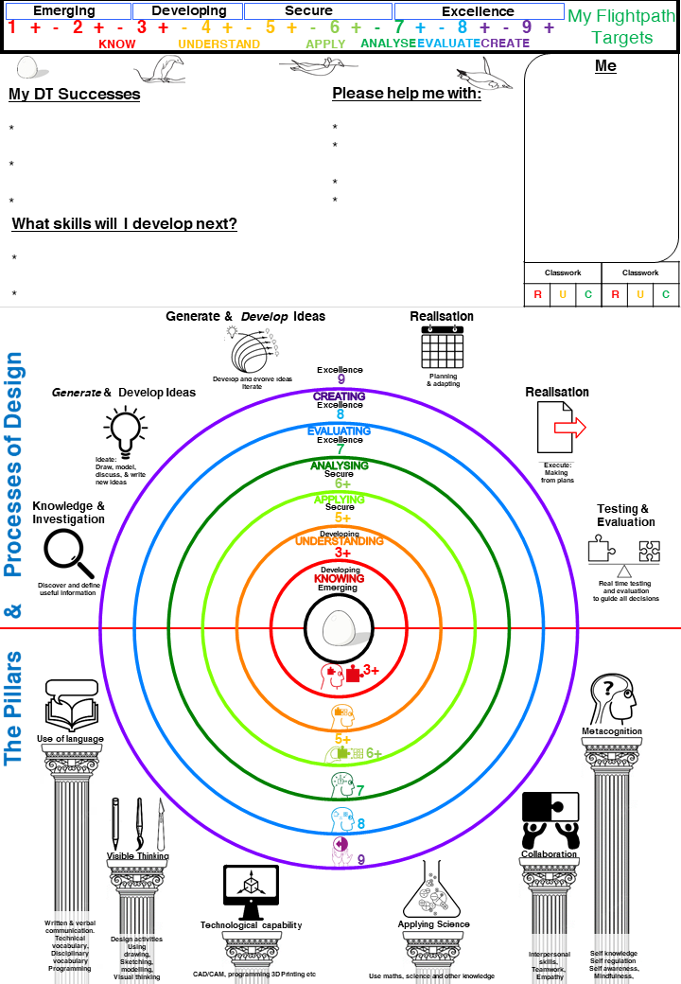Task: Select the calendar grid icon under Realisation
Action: [441, 346]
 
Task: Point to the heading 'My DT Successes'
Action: [75, 95]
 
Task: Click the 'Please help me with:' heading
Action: [407, 95]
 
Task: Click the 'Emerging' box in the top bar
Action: [64, 11]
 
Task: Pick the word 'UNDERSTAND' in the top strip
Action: [218, 44]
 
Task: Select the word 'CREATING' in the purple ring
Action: [339, 396]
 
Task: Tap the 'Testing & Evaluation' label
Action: [625, 516]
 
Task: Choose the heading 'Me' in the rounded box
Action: [605, 66]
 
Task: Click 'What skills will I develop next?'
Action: [124, 224]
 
